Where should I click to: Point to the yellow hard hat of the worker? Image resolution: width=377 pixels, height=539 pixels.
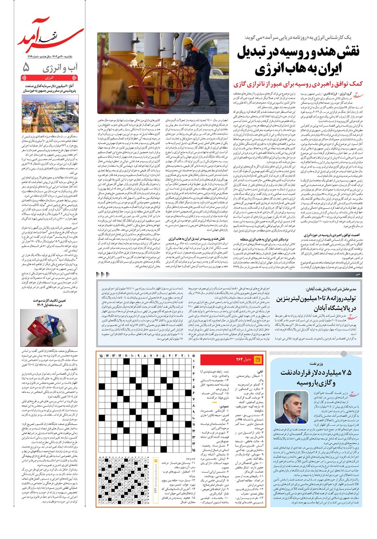pos(187,42)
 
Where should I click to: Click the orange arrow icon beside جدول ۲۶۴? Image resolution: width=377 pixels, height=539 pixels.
pos(259,359)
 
